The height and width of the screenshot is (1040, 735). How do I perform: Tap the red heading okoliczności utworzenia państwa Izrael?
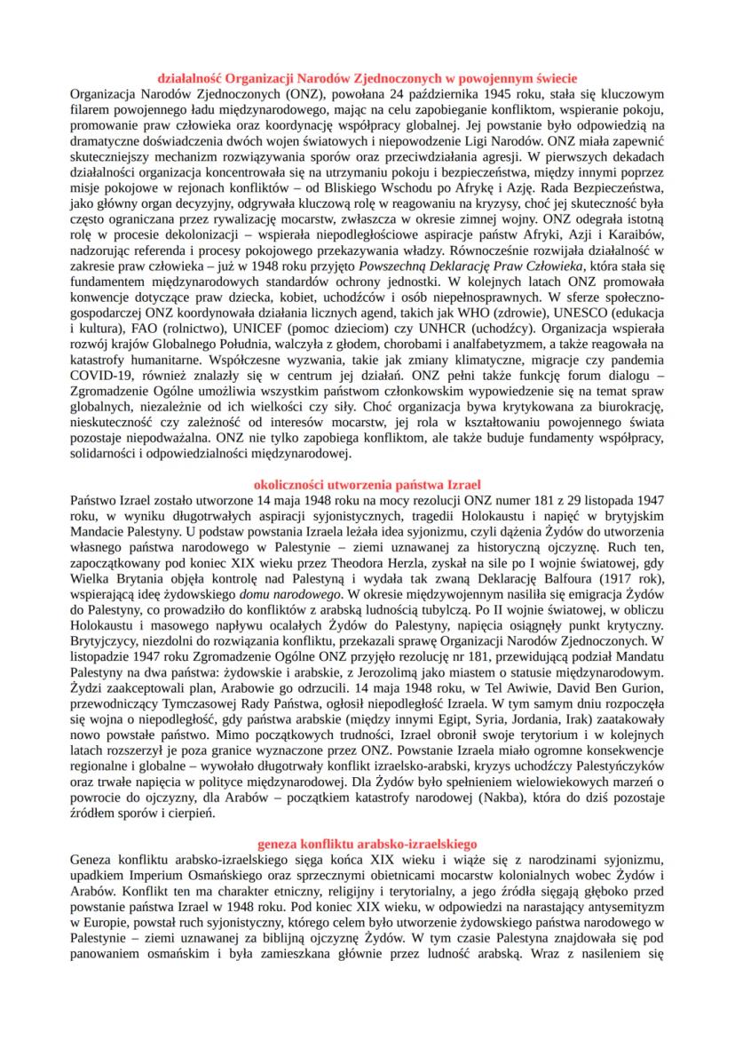point(367,485)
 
